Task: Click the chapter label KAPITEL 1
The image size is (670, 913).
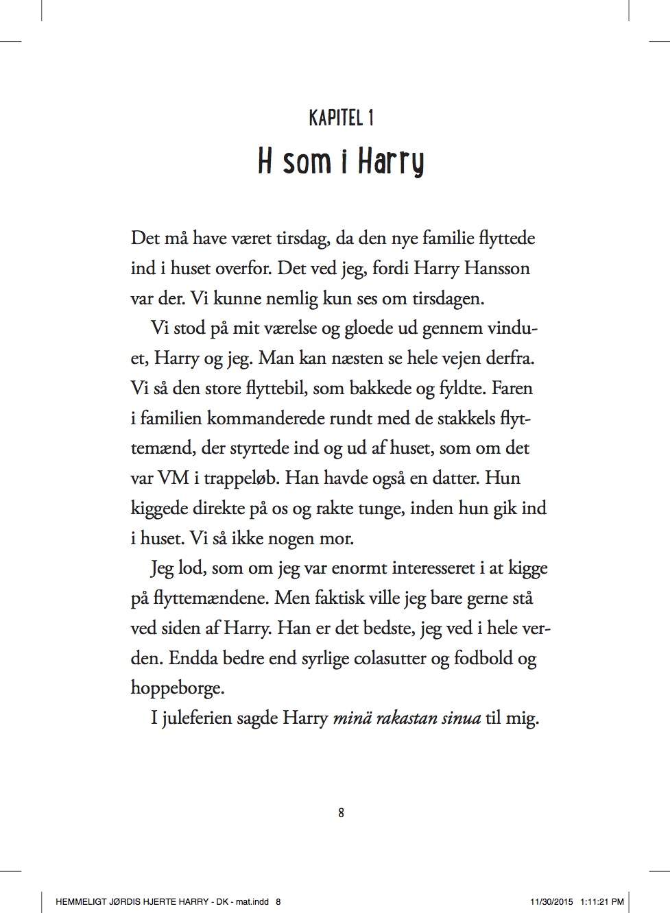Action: pyautogui.click(x=341, y=119)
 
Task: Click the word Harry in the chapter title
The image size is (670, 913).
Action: pyautogui.click(x=391, y=162)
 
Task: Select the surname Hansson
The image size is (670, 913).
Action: pyautogui.click(x=496, y=268)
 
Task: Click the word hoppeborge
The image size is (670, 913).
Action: pyautogui.click(x=176, y=688)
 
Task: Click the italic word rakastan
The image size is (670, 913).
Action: pyautogui.click(x=403, y=718)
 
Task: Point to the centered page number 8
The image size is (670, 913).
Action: pyautogui.click(x=341, y=813)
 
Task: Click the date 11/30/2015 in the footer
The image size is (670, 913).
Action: pyautogui.click(x=551, y=902)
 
